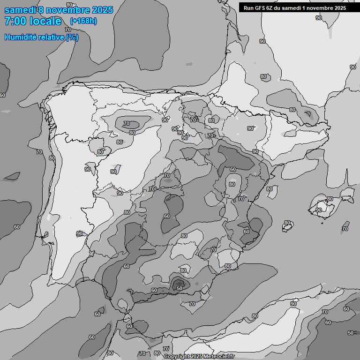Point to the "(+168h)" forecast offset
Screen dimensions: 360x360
click(x=83, y=21)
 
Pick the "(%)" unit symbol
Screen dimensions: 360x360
click(x=72, y=37)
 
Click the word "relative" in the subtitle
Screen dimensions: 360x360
click(x=52, y=37)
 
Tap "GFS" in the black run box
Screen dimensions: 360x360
click(x=259, y=8)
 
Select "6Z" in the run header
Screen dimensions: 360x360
click(x=270, y=8)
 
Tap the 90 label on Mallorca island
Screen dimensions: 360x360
click(x=319, y=210)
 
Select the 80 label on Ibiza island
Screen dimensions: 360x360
click(x=287, y=223)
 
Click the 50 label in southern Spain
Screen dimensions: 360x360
click(x=179, y=288)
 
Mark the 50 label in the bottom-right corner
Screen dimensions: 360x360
click(x=351, y=333)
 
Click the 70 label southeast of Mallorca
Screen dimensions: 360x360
click(x=345, y=229)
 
